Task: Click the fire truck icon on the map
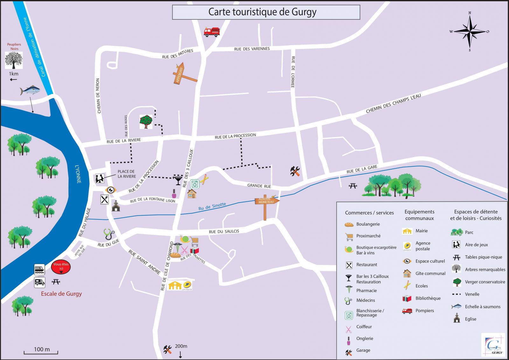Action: point(212,32)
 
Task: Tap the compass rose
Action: point(470,31)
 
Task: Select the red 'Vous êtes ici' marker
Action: point(61,267)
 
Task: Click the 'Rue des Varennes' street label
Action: point(252,49)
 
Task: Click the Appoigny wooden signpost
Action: point(183,75)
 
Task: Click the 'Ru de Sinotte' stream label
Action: point(212,207)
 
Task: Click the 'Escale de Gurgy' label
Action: point(61,294)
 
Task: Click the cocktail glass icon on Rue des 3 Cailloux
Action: point(178,180)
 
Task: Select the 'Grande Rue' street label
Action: point(259,186)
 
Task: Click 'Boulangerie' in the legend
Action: point(368,224)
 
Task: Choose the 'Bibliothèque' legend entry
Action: point(428,298)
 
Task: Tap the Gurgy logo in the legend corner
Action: point(493,345)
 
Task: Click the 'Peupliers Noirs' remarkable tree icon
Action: point(14,60)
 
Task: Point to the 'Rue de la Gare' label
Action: point(362,169)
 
